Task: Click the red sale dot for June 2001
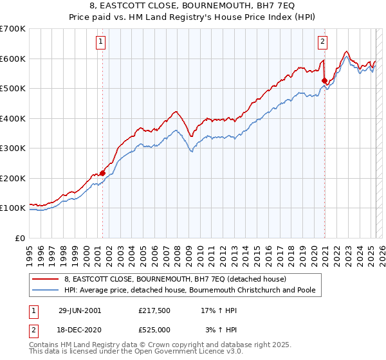tap(102, 173)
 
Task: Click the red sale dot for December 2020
tap(325, 81)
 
